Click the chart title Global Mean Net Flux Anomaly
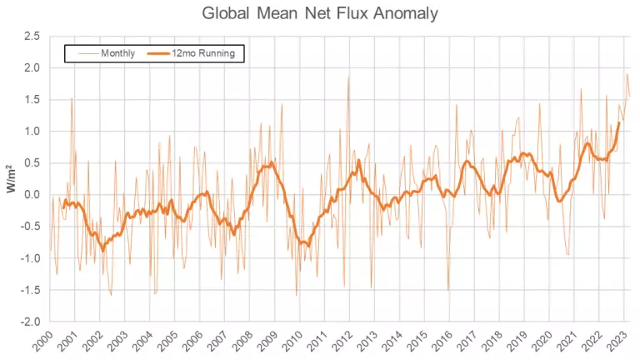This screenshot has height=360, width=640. tap(320, 13)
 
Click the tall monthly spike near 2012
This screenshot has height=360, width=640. tap(348, 77)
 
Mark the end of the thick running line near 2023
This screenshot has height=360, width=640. tap(619, 122)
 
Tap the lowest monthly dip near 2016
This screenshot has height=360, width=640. tap(448, 289)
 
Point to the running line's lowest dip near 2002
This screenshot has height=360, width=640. tap(103, 250)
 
